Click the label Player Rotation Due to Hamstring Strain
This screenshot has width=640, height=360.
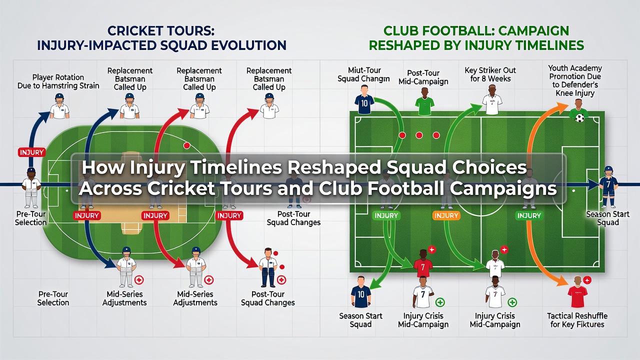[58, 81]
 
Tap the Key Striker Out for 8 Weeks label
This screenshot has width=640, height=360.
[490, 74]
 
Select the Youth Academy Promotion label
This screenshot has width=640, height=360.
[575, 80]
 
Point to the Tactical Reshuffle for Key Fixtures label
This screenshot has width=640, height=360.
[577, 320]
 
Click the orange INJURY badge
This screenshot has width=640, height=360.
[446, 215]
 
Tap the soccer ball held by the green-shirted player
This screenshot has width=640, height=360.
[579, 118]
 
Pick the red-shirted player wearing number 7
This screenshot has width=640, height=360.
[423, 263]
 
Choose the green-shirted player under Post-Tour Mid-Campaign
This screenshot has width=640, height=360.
[424, 101]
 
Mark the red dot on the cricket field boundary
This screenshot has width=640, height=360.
[187, 145]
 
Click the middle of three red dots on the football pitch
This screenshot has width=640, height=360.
[419, 135]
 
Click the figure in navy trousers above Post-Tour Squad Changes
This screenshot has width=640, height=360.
[268, 267]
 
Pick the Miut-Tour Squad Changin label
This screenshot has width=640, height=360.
[363, 74]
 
